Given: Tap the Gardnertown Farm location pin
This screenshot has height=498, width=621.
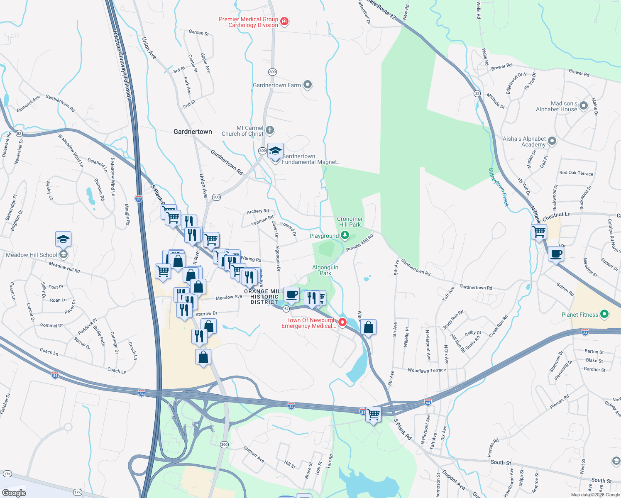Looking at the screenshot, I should pyautogui.click(x=307, y=85).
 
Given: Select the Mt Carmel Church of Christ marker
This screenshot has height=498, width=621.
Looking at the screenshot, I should pyautogui.click(x=270, y=131).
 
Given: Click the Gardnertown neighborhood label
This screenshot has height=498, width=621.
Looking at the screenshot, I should pyautogui.click(x=193, y=132).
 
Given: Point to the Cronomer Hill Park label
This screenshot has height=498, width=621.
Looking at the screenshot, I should pyautogui.click(x=350, y=222).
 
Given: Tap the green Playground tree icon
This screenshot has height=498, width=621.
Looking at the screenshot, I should pyautogui.click(x=345, y=236).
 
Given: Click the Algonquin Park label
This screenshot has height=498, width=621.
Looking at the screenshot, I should pyautogui.click(x=325, y=270).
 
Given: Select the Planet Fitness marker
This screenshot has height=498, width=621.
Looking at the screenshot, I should pyautogui.click(x=604, y=315).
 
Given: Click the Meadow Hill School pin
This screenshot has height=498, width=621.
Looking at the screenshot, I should pyautogui.click(x=63, y=254).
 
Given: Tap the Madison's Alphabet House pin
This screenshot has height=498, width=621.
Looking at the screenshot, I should pyautogui.click(x=584, y=106).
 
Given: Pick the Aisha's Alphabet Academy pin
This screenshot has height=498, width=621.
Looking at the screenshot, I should pyautogui.click(x=552, y=141).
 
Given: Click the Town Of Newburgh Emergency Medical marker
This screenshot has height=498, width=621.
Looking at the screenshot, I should pyautogui.click(x=342, y=322).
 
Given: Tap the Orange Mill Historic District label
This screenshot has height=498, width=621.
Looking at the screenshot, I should pyautogui.click(x=264, y=297).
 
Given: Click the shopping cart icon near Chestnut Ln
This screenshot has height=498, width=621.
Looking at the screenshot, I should pyautogui.click(x=539, y=232).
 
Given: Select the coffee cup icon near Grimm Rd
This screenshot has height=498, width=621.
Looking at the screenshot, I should pyautogui.click(x=556, y=254).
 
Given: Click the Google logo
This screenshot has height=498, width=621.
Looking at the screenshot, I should pyautogui.click(x=14, y=493).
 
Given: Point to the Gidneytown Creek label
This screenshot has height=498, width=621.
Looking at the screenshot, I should pyautogui.click(x=499, y=187).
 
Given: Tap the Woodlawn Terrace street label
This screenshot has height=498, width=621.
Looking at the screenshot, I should pyautogui.click(x=427, y=370).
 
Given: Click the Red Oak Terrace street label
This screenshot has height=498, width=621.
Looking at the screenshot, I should pyautogui.click(x=576, y=173).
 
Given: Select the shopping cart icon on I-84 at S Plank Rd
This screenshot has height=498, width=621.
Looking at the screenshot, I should pyautogui.click(x=373, y=414).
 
